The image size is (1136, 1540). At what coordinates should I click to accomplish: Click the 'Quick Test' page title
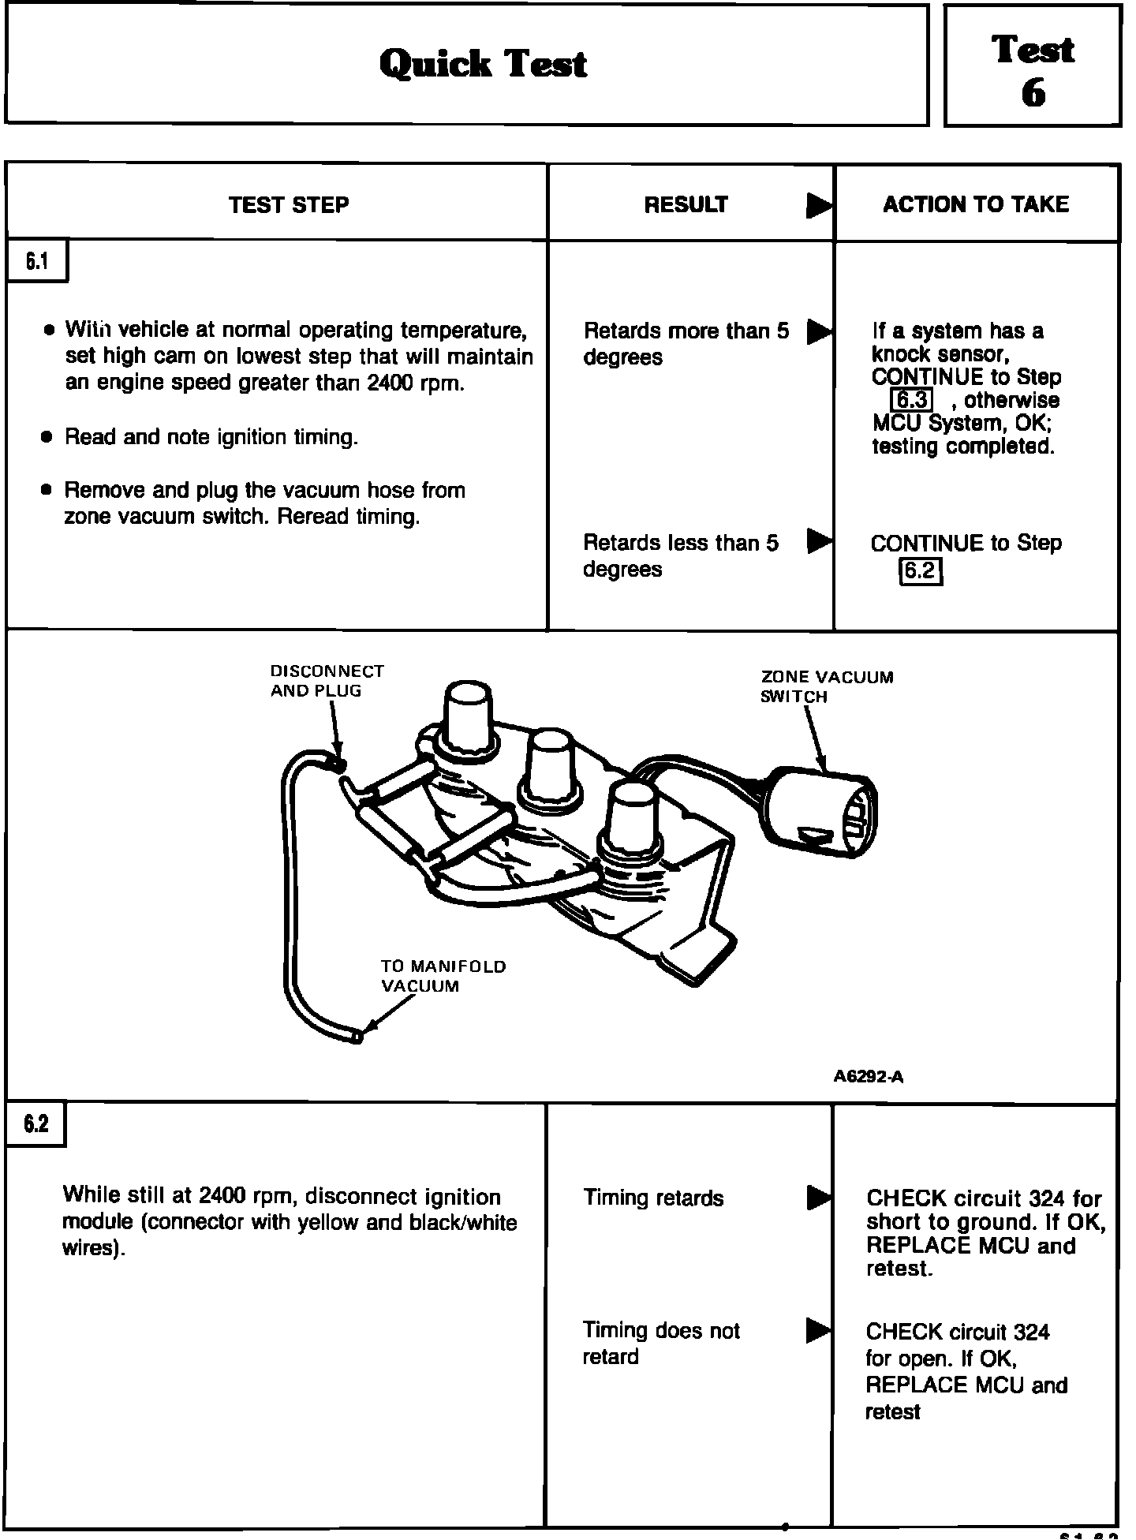[483, 64]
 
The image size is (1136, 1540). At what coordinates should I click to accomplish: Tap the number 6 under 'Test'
[1033, 94]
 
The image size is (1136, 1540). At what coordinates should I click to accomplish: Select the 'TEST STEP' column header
[289, 205]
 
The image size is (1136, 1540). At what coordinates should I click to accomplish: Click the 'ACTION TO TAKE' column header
[976, 204]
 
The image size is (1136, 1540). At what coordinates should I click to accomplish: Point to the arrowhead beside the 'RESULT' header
[819, 206]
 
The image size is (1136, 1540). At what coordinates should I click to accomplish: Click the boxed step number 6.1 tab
[37, 261]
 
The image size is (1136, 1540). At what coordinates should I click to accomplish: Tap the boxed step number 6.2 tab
[35, 1123]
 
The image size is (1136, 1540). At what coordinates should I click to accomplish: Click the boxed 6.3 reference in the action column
[911, 400]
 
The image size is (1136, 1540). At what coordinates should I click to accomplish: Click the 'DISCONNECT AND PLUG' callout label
[327, 681]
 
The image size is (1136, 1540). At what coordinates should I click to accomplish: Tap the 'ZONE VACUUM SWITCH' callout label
[826, 686]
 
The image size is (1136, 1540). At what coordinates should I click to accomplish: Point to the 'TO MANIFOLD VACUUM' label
[443, 976]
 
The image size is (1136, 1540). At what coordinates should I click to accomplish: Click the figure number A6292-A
[868, 1076]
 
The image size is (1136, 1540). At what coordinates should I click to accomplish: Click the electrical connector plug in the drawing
[821, 814]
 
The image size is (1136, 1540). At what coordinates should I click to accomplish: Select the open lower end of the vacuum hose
[357, 1037]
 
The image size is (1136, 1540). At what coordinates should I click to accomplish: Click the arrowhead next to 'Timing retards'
[818, 1198]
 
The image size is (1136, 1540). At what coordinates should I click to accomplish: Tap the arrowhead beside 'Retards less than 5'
[819, 541]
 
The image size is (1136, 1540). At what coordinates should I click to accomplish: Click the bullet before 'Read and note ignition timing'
[47, 437]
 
